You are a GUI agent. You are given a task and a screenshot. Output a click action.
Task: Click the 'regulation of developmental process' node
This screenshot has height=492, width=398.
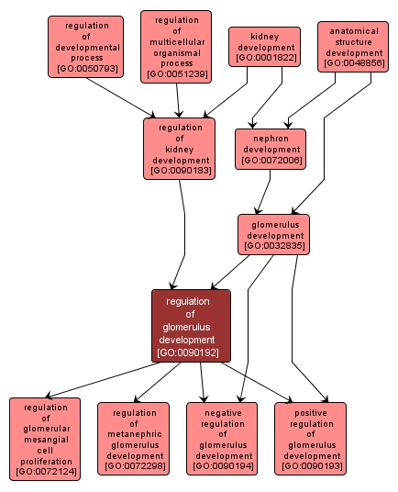tap(85, 46)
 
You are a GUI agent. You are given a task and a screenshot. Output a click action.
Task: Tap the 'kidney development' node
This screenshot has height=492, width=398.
tap(266, 47)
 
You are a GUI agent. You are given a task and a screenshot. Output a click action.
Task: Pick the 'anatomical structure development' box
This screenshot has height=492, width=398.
tap(356, 47)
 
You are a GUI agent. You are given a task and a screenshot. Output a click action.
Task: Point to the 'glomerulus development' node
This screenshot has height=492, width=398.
tap(274, 235)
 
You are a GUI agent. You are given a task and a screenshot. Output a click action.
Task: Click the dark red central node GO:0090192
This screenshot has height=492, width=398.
tap(191, 326)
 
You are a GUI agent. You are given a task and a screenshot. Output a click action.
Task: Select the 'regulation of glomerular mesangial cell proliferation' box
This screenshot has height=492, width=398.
tap(45, 439)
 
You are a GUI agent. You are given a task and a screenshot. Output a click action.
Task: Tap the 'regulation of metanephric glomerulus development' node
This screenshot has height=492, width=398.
tap(134, 439)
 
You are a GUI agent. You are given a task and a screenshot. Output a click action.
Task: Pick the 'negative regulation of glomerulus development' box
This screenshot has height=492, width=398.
tap(224, 439)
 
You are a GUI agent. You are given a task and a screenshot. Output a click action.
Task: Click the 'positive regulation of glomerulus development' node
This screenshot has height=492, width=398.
tap(312, 439)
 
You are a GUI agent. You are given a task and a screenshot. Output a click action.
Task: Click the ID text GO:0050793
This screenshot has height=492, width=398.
tap(85, 69)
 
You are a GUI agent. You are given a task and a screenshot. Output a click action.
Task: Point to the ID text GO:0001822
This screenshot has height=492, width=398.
tap(266, 58)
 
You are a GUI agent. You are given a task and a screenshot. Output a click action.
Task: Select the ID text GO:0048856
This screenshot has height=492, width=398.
tap(356, 63)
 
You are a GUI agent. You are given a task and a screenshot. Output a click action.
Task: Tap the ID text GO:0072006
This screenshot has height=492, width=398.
tap(270, 161)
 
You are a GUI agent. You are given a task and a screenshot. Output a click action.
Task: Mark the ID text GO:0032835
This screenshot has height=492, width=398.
tap(274, 246)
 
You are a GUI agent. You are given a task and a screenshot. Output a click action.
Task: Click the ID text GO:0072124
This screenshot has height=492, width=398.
tap(45, 472)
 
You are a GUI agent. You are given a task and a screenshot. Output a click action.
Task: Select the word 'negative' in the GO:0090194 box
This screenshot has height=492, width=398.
tap(224, 412)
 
